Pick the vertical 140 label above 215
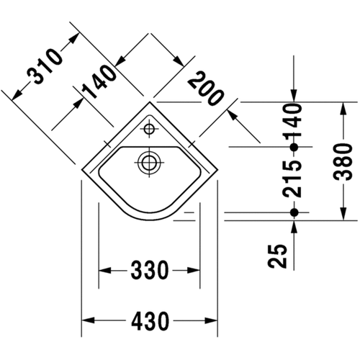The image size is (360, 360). (293, 118)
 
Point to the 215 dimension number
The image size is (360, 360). (293, 180)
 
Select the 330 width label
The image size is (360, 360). (149, 271)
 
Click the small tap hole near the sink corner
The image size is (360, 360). (150, 130)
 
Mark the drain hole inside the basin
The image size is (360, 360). (149, 161)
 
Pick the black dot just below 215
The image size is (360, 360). (293, 212)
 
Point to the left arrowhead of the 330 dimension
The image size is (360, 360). (103, 271)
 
